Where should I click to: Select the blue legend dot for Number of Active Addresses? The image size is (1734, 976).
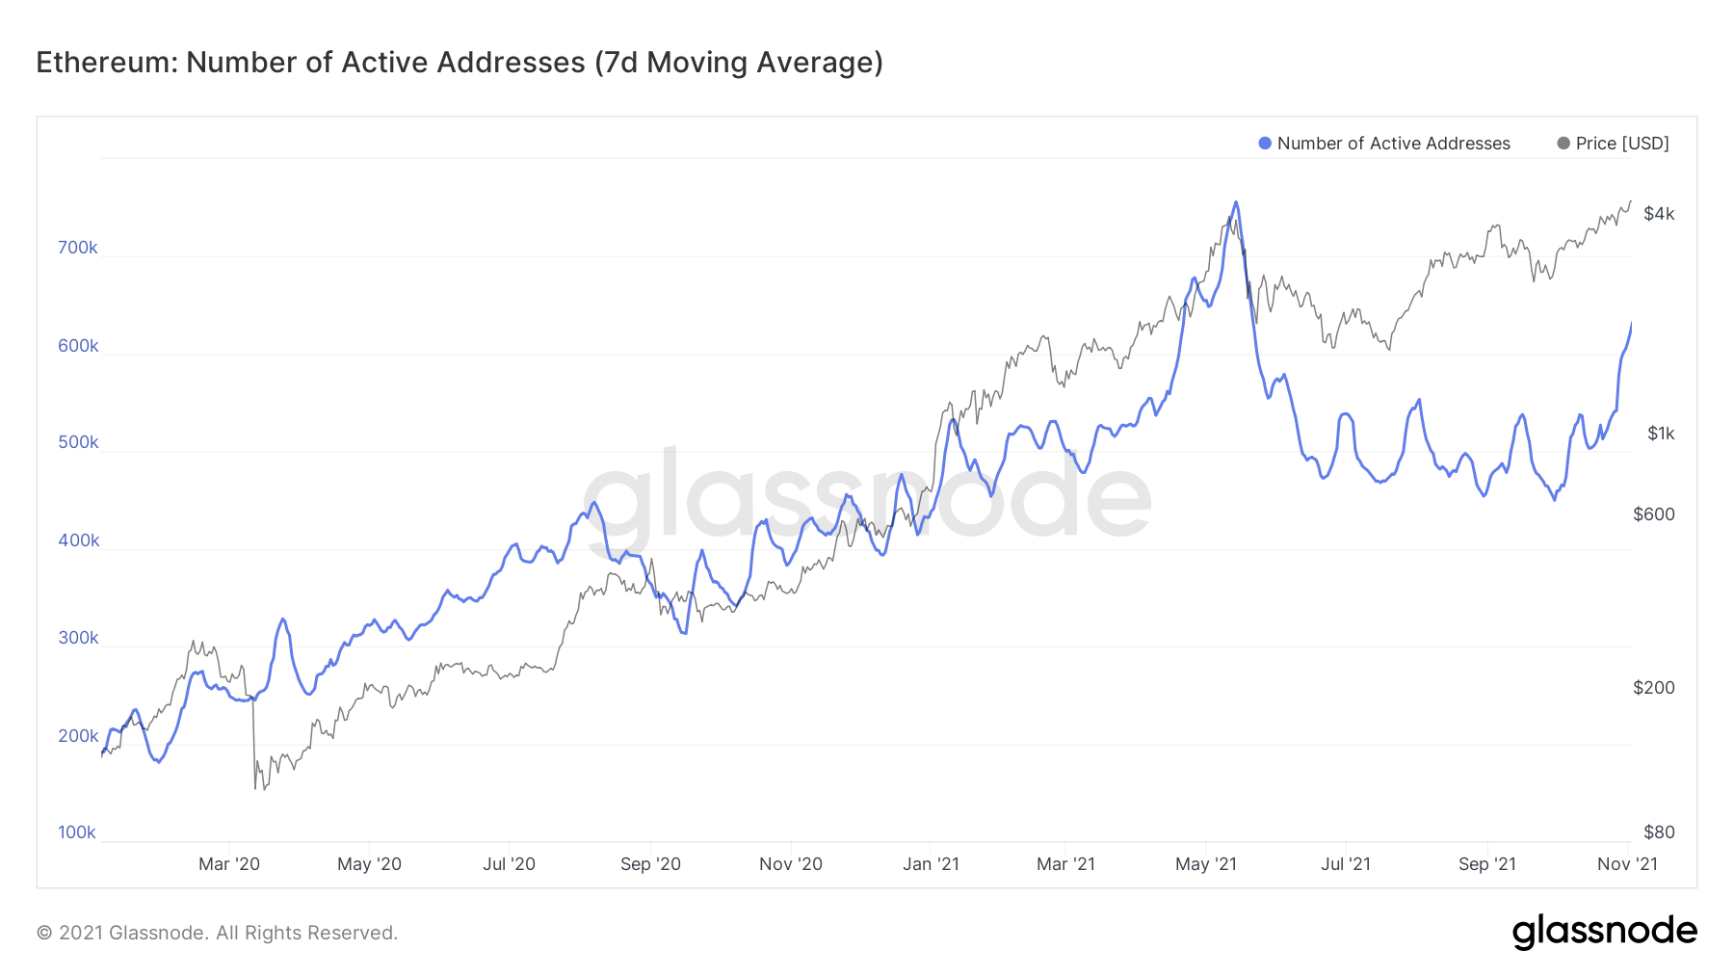tap(1265, 144)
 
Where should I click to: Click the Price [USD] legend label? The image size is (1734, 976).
tap(1621, 144)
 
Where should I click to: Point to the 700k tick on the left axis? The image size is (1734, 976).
tap(77, 248)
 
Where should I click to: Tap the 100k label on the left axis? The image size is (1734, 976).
tap(77, 832)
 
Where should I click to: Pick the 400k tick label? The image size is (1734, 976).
tap(78, 541)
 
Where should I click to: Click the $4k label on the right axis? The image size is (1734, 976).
tap(1659, 214)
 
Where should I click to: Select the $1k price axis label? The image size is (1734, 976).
tap(1661, 434)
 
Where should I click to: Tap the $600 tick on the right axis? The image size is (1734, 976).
tap(1654, 514)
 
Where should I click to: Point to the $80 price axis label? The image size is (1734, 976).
tap(1659, 832)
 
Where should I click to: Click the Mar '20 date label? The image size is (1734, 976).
tap(229, 864)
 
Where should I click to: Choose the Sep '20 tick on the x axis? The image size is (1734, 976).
tap(650, 864)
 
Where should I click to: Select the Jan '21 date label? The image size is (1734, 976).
tap(931, 864)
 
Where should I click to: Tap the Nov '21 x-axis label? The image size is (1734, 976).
tap(1627, 864)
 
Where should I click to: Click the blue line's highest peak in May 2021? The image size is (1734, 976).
tap(1236, 202)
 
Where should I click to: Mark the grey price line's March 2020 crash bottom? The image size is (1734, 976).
tap(255, 789)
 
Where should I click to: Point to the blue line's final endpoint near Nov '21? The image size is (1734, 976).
tap(1631, 324)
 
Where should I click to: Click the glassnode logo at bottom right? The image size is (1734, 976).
tap(1604, 932)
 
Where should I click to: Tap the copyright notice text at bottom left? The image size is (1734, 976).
tap(217, 933)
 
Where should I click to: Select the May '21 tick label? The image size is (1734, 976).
tap(1206, 864)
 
